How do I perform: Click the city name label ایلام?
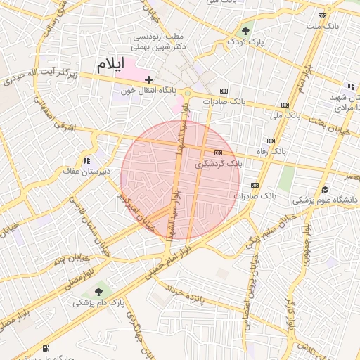[110, 64]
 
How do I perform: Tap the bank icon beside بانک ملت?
[322, 15]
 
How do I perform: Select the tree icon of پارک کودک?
[245, 31]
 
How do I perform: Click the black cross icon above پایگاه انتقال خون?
[148, 80]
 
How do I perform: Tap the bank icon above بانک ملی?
[284, 104]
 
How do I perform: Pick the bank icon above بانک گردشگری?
[218, 153]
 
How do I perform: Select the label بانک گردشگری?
[217, 163]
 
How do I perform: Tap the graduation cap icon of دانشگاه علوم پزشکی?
[325, 190]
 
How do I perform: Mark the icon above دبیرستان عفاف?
[86, 161]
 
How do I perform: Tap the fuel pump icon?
[46, 348]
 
